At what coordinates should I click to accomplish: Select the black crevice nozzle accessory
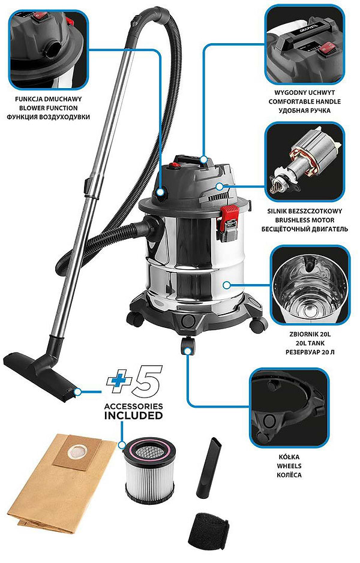[209, 467]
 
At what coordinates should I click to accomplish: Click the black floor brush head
[40, 377]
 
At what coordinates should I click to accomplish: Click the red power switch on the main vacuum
[175, 165]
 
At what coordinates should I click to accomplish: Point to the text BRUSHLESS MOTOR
[305, 220]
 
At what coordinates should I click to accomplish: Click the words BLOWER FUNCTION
[48, 108]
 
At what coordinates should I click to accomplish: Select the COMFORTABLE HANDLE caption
[304, 101]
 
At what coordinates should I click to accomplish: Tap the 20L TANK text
[310, 344]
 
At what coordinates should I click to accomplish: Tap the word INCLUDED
[133, 416]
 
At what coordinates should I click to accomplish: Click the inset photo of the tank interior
[310, 285]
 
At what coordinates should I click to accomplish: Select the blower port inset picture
[48, 49]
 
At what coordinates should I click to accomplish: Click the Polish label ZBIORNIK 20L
[310, 335]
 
